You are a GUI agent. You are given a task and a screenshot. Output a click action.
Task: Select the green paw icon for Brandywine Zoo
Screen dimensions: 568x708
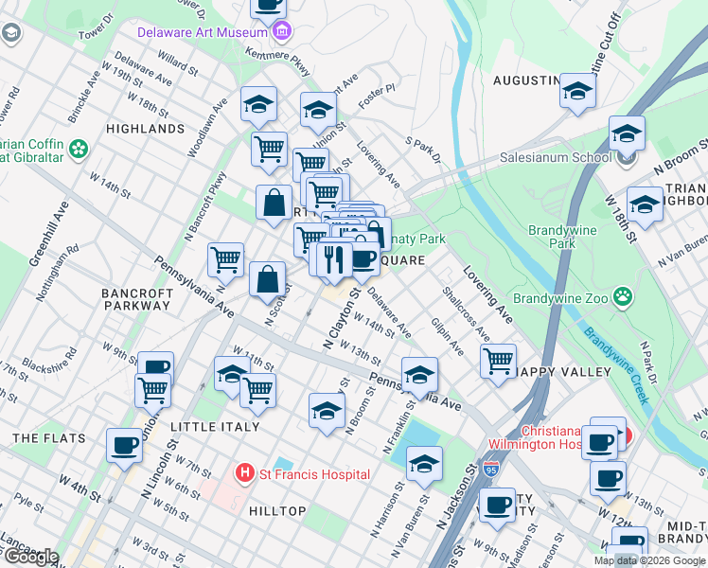[622, 298]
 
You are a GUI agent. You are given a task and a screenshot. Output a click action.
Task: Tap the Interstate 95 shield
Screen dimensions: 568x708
[490, 469]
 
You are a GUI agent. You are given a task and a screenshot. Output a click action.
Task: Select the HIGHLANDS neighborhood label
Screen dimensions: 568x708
[145, 128]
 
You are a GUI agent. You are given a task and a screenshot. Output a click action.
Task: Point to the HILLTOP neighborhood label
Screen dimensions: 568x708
[277, 511]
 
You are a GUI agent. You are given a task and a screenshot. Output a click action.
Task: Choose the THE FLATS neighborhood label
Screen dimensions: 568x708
[49, 438]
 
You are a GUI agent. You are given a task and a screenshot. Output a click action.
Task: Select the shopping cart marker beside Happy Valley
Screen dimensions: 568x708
[498, 360]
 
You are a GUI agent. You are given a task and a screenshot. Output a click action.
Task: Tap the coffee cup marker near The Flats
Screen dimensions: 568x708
[123, 444]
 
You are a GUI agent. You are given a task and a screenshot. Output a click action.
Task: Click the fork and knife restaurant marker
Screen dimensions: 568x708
[332, 258]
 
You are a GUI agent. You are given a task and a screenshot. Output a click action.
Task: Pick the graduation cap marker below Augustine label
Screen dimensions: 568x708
[575, 91]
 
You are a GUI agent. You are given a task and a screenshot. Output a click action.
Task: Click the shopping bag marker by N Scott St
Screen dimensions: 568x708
[268, 278]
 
